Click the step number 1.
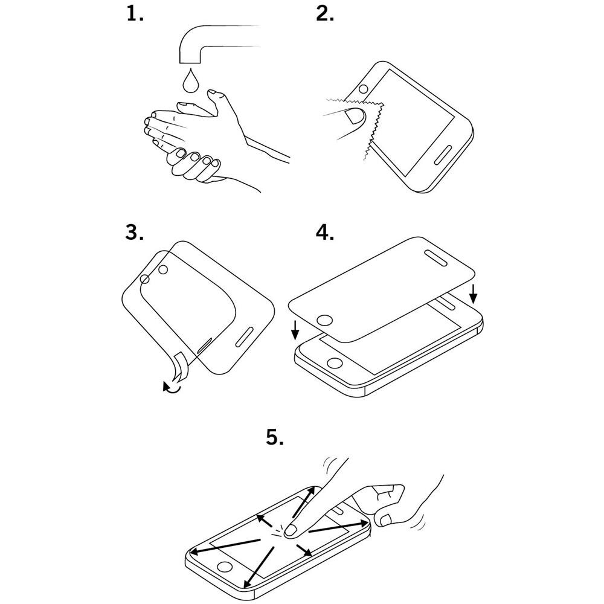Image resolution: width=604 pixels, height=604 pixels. [x=135, y=14]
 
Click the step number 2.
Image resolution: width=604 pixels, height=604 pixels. [x=325, y=14]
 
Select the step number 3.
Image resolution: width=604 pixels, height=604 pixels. [x=135, y=233]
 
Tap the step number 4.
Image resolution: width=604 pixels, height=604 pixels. [x=325, y=233]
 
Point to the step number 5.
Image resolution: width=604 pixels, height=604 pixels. [x=275, y=437]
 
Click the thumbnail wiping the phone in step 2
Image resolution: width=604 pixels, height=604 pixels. [x=353, y=115]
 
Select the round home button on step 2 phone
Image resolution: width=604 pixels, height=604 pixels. [x=363, y=89]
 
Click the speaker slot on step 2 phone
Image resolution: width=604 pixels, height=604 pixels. [x=443, y=155]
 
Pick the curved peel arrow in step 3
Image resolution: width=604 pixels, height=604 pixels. [x=172, y=387]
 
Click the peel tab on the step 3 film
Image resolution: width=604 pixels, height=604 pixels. [x=180, y=367]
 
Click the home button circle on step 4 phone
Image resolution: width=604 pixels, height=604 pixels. [x=335, y=363]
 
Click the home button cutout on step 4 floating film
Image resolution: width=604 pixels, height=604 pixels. [x=326, y=320]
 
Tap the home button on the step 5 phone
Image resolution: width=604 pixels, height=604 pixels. [x=225, y=567]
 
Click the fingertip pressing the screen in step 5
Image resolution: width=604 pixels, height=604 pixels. [x=291, y=530]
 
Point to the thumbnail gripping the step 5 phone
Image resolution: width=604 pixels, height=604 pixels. [x=385, y=520]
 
